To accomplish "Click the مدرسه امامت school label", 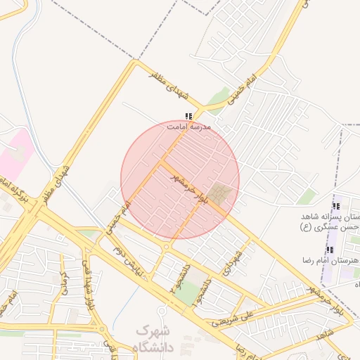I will (188, 127).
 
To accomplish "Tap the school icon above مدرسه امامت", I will (188, 116).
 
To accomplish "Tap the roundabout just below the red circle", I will (167, 247).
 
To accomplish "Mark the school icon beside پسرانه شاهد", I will (336, 207).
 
